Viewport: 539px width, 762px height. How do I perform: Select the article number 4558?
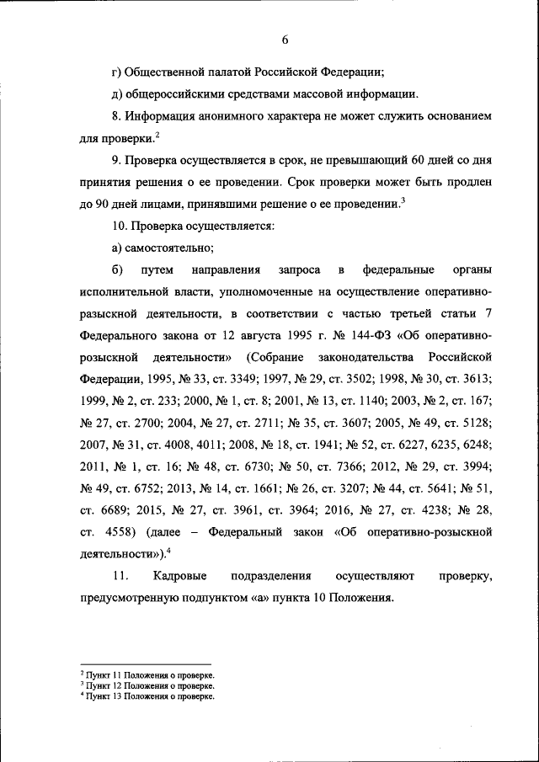click(118, 532)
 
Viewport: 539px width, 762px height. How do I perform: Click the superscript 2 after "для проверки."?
click(157, 134)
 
